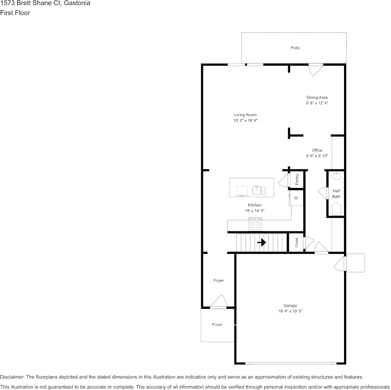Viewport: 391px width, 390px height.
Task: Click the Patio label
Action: [295, 48]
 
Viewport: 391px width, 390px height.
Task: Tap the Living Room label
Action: [245, 115]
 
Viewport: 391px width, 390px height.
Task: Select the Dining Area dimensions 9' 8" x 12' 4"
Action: [317, 103]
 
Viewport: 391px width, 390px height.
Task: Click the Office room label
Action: [317, 150]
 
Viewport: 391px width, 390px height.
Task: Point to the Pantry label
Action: [297, 180]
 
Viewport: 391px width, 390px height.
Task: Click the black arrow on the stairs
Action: [261, 242]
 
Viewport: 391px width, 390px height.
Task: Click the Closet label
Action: [297, 243]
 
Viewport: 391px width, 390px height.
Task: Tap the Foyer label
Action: [219, 280]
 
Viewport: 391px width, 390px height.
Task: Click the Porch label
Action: [217, 324]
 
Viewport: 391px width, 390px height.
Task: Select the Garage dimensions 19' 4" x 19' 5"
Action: [290, 311]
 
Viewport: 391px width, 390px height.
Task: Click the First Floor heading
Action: [15, 13]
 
